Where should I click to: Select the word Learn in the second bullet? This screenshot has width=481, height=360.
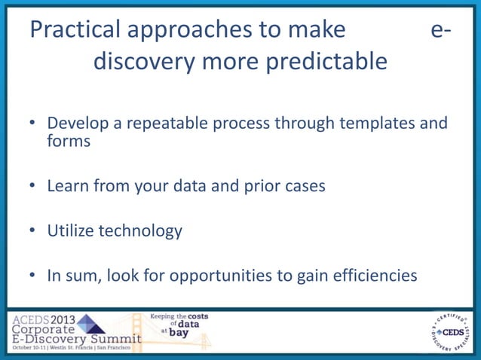point(67,185)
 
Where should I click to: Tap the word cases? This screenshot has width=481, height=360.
point(301,185)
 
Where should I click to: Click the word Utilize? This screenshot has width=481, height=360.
point(72,230)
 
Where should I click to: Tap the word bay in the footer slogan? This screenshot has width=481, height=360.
point(179,332)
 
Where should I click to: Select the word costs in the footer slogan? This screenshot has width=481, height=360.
point(198,316)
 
